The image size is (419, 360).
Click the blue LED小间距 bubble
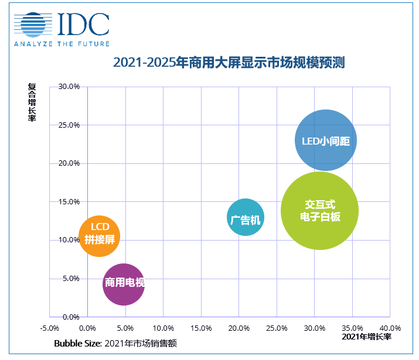(325, 141)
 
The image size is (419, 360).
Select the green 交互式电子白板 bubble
(319, 211)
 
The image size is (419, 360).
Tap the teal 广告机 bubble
(245, 218)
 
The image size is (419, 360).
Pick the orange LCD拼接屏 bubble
(99, 235)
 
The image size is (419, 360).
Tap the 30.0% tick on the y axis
(69, 87)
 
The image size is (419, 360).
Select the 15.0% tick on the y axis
(69, 201)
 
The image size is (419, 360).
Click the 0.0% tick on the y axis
(70, 317)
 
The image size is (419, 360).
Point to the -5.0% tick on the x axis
(49, 328)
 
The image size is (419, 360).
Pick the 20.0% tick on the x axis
(239, 328)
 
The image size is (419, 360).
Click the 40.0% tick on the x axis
(390, 328)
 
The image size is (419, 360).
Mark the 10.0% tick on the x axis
(163, 328)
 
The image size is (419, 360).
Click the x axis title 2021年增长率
(367, 337)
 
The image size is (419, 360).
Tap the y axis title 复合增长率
(32, 103)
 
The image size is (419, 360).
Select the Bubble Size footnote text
(115, 343)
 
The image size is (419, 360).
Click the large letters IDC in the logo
(83, 23)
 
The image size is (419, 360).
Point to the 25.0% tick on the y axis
(69, 125)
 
